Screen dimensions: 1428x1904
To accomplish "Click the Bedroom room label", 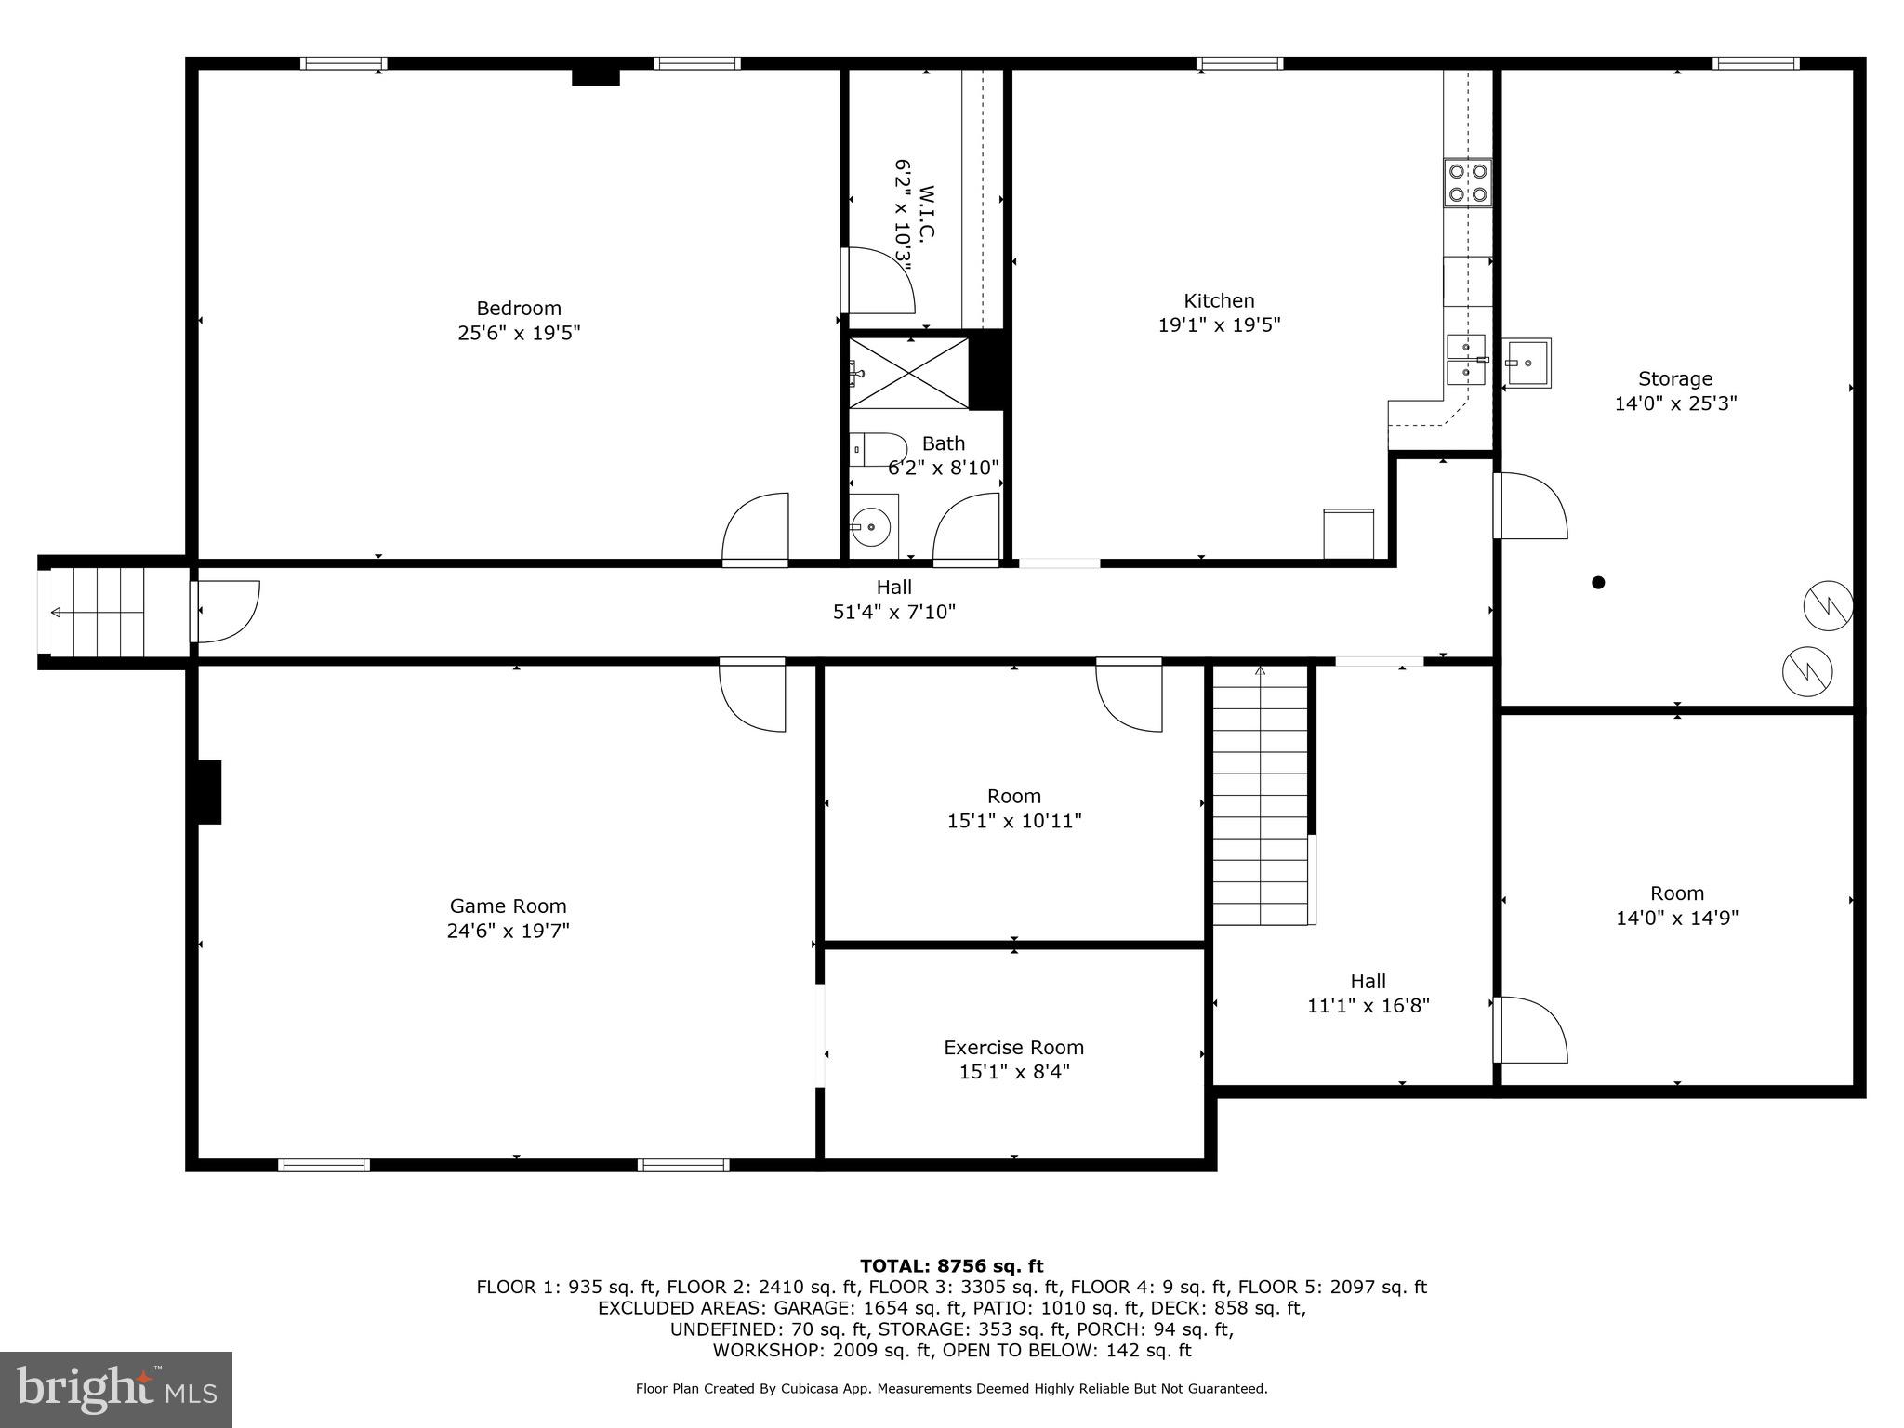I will pyautogui.click(x=519, y=308).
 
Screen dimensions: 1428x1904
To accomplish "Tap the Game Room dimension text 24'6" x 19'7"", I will pyautogui.click(x=508, y=931).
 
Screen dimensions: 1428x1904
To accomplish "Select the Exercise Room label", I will pyautogui.click(x=1013, y=1047).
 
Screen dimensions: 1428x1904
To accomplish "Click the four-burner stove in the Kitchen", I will pyautogui.click(x=1467, y=182).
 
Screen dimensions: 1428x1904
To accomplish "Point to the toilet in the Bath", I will pyautogui.click(x=877, y=450).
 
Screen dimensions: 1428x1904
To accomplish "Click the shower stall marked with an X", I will pyautogui.click(x=908, y=373).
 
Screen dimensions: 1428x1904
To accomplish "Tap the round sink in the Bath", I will pyautogui.click(x=872, y=527).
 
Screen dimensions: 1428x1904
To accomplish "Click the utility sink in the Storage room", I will pyautogui.click(x=1527, y=363).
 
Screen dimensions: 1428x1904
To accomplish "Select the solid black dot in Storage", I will pyautogui.click(x=1598, y=583).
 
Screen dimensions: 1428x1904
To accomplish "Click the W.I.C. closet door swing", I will pyautogui.click(x=877, y=281).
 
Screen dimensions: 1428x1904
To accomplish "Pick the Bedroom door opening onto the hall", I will pyautogui.click(x=755, y=530).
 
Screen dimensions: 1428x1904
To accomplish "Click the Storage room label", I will pyautogui.click(x=1675, y=378).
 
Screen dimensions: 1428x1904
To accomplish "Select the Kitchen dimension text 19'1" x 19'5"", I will pyautogui.click(x=1219, y=324).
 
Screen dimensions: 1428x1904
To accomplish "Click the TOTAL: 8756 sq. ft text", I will pyautogui.click(x=951, y=1265).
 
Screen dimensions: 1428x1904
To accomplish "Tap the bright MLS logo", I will pyautogui.click(x=116, y=1389).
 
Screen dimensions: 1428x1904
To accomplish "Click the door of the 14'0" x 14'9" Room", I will pyautogui.click(x=1528, y=1030).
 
